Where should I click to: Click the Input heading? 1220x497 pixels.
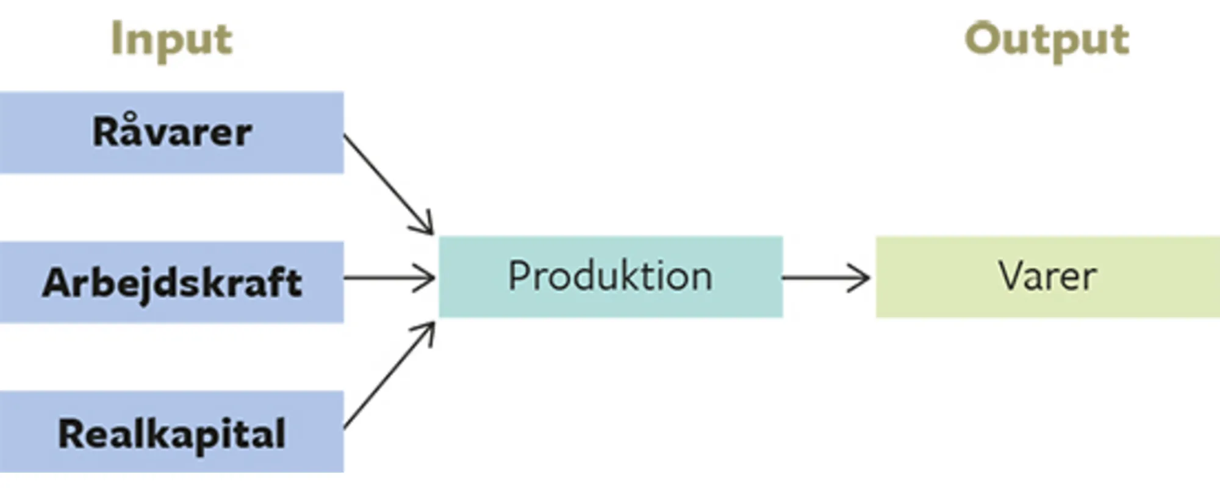(x=171, y=40)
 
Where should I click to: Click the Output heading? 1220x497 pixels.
(x=1047, y=40)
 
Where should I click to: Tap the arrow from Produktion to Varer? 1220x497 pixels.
(x=823, y=277)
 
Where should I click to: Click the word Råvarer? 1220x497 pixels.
(x=172, y=132)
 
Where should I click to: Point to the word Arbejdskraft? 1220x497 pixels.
(x=172, y=283)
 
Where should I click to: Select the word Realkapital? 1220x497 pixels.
(x=172, y=434)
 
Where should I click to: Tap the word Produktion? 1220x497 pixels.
(x=610, y=276)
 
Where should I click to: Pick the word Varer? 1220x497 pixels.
(x=1047, y=276)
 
